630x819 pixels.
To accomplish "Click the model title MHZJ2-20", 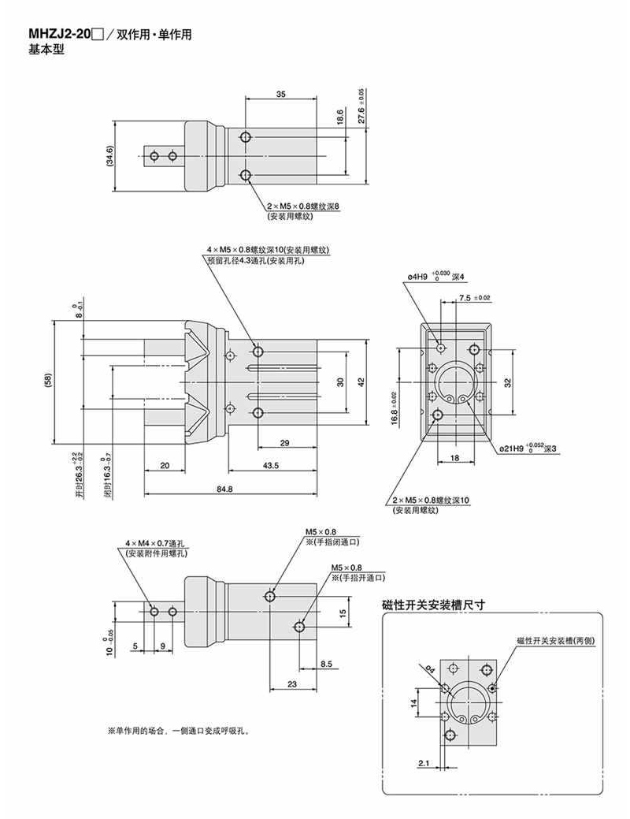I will (60, 35).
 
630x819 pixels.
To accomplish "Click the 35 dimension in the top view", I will (281, 94).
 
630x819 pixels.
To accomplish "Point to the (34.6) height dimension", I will (110, 156).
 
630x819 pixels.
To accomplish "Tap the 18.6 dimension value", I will (340, 117).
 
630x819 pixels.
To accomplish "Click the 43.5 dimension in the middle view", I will (272, 466).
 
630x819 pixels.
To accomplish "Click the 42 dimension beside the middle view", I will (361, 382).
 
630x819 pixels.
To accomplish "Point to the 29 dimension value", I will (285, 443).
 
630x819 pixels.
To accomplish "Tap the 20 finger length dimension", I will (165, 466).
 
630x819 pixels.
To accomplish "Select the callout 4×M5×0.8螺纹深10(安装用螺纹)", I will (267, 250).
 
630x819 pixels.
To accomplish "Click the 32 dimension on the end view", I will (508, 382).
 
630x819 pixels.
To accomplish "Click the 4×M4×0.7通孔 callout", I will (154, 544).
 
